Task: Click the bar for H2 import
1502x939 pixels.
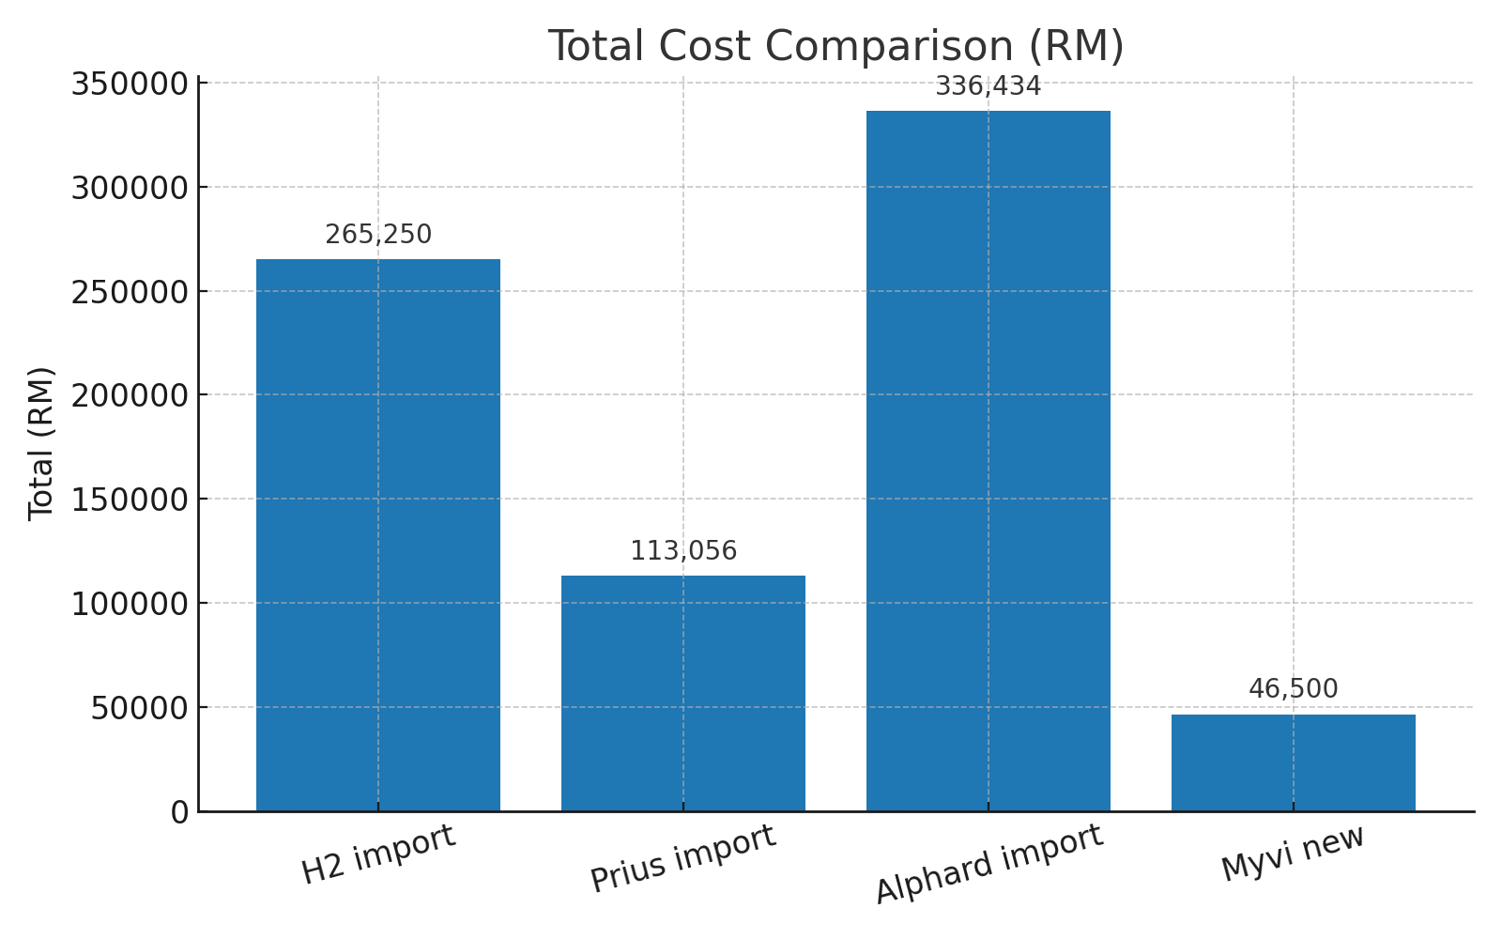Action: (x=378, y=535)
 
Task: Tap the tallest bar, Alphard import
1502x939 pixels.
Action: (x=989, y=461)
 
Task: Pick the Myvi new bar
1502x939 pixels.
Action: (x=1294, y=762)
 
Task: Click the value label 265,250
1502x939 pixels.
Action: (x=378, y=235)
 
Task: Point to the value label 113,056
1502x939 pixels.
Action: (x=683, y=551)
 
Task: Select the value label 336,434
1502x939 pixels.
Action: (x=989, y=86)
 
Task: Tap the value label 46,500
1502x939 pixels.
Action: (x=1294, y=689)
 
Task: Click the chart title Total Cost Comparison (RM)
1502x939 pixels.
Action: (x=835, y=46)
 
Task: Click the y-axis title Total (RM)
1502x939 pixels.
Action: (x=41, y=443)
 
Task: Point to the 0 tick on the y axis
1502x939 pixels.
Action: (x=180, y=812)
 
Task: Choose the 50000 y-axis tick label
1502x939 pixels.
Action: (x=140, y=708)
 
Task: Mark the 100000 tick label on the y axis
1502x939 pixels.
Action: (x=130, y=604)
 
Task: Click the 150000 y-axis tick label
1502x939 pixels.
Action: (x=130, y=500)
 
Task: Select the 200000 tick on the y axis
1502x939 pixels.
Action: (x=130, y=395)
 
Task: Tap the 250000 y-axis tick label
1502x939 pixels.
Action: (x=130, y=292)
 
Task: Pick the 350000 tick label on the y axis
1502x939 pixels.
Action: (x=130, y=84)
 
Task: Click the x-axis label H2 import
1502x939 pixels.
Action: (x=378, y=854)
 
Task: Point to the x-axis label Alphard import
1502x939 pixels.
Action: (x=989, y=865)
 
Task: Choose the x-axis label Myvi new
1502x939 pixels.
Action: (x=1294, y=853)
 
